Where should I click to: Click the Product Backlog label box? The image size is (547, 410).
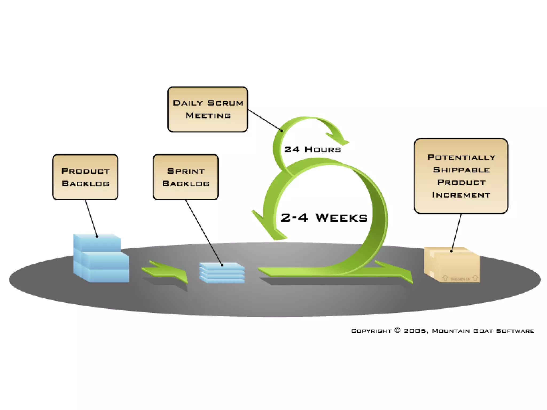(x=85, y=177)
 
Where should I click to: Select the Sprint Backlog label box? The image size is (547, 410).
(x=186, y=177)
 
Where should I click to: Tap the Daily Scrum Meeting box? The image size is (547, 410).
(x=208, y=109)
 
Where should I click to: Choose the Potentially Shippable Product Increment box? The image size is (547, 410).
(x=461, y=176)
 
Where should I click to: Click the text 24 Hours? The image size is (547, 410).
(x=313, y=149)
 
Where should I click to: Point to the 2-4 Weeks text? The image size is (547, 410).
(x=324, y=218)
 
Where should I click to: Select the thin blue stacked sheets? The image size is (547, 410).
(x=222, y=272)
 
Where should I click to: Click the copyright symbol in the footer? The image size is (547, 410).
(x=397, y=330)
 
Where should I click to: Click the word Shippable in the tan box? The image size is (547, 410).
(x=461, y=170)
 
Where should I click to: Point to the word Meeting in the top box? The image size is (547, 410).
(x=208, y=116)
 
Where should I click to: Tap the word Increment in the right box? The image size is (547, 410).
(x=461, y=195)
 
